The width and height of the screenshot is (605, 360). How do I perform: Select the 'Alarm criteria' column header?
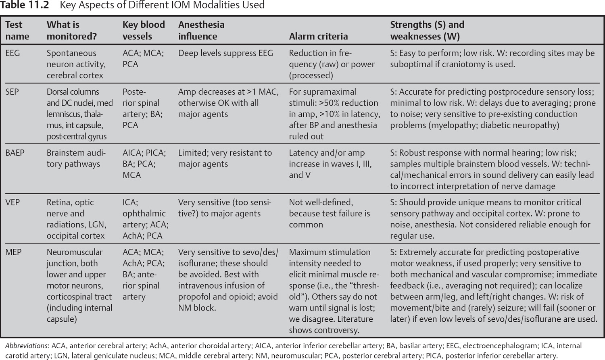click(318, 36)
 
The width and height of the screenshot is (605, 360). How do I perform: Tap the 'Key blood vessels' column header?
click(144, 30)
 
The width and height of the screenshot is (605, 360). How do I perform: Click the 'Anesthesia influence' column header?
click(201, 30)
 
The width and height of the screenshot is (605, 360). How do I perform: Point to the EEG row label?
click(13, 53)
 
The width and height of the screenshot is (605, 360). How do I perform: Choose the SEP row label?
click(12, 92)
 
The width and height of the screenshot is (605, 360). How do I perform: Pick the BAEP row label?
click(15, 153)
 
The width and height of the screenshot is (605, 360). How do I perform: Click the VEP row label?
click(13, 202)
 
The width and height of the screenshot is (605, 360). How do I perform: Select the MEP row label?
click(13, 252)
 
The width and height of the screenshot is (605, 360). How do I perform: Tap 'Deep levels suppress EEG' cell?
click(225, 53)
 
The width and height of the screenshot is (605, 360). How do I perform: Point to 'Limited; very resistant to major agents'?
click(225, 158)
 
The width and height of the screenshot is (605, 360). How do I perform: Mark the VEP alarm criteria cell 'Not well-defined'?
click(321, 202)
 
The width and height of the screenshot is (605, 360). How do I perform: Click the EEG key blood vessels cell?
click(143, 58)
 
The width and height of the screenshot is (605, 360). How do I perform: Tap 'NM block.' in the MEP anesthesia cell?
click(197, 308)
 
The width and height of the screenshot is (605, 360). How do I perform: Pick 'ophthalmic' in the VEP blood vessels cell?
click(144, 214)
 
